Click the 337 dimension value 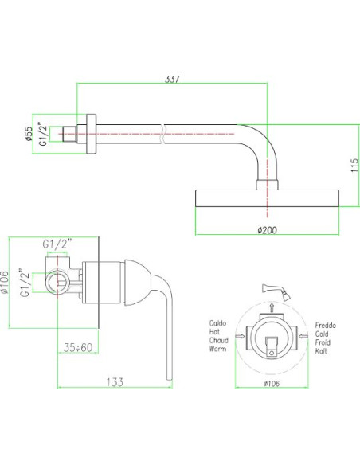(172, 80)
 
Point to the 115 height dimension (354, 166)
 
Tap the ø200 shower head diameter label (267, 230)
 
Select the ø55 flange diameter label (28, 134)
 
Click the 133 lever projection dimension (115, 382)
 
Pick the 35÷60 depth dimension (78, 347)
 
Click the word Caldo (217, 323)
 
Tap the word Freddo (326, 326)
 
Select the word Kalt (321, 351)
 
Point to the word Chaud (218, 340)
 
